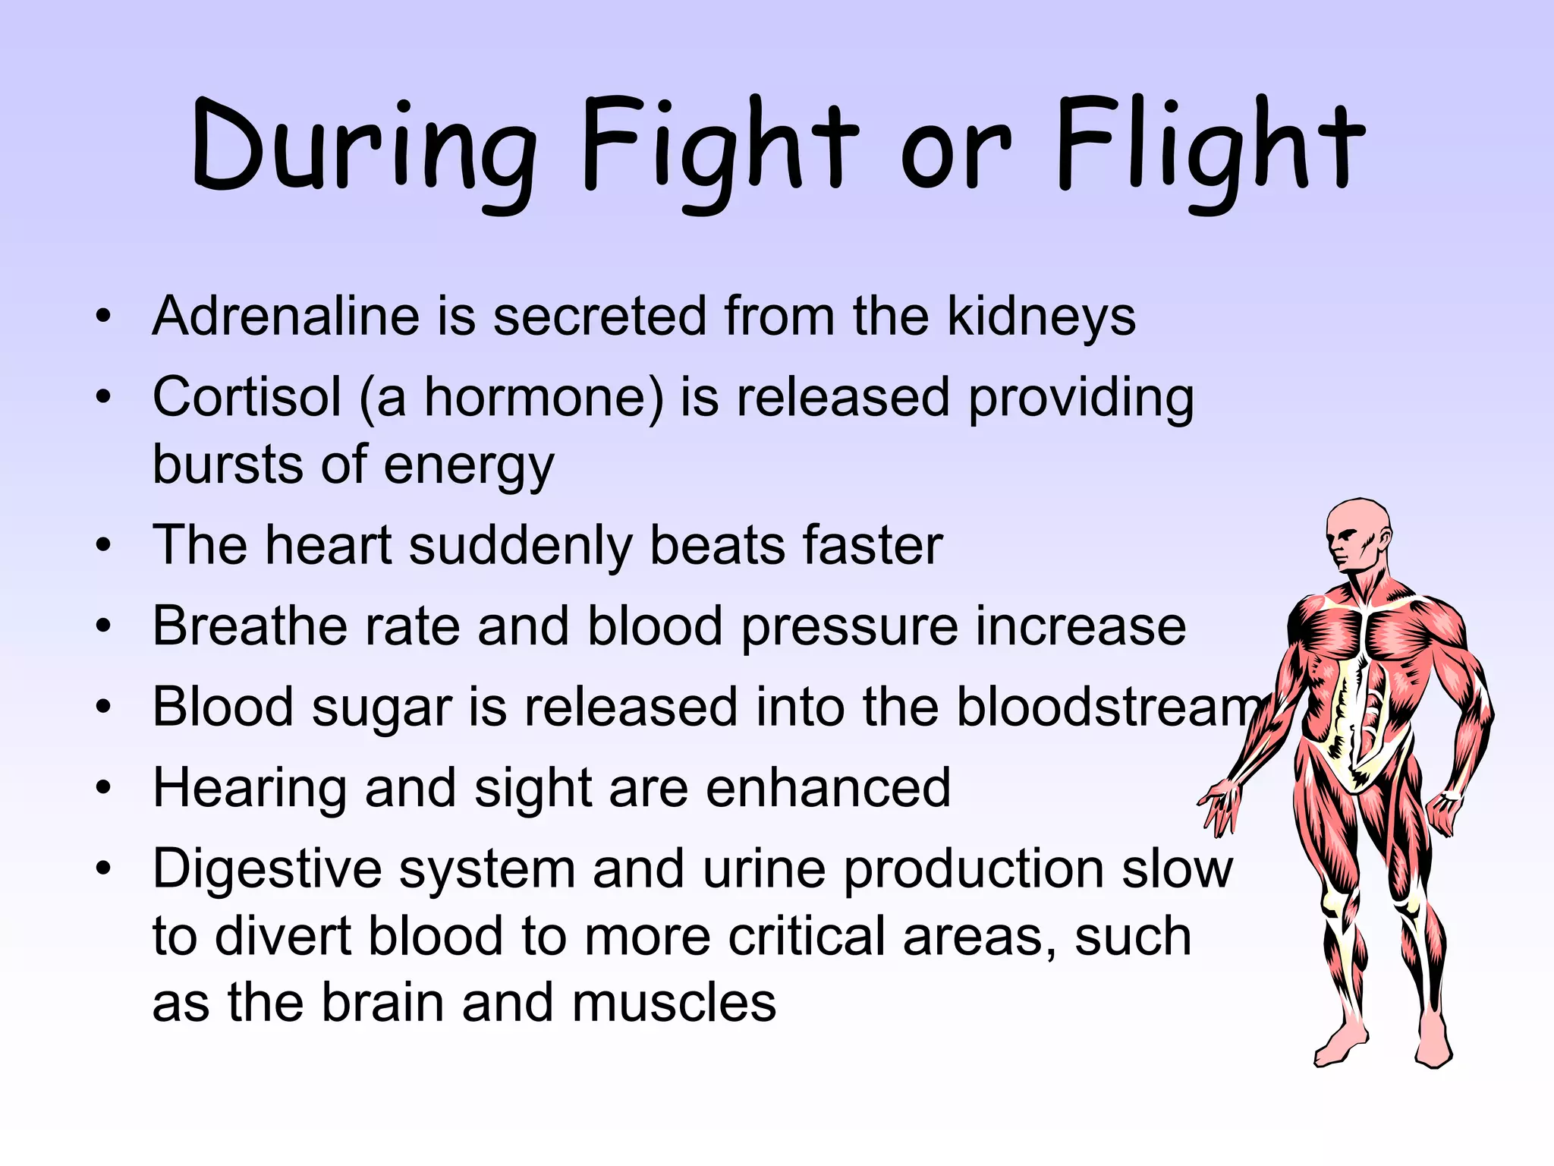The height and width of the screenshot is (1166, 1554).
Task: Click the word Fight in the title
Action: (x=719, y=148)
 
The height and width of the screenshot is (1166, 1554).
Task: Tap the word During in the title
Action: (x=364, y=148)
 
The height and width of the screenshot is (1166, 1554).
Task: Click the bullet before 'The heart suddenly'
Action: (x=104, y=544)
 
